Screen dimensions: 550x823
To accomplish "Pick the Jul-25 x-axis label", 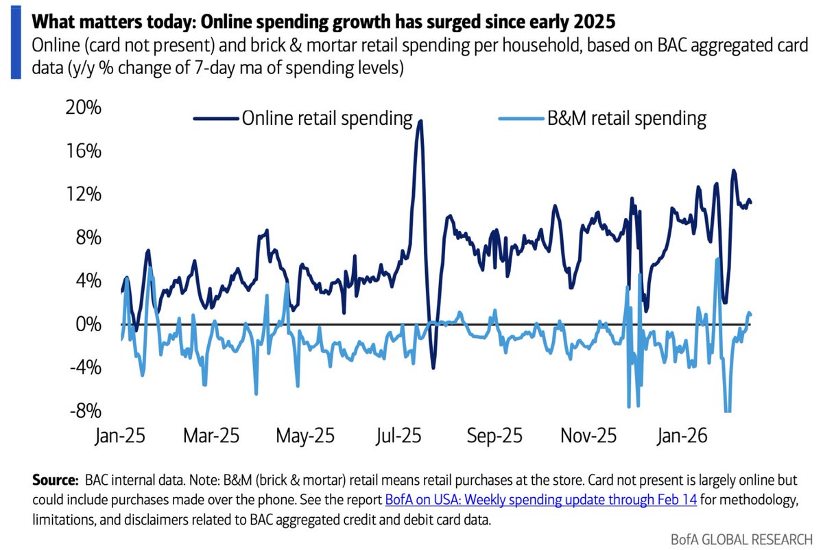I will pyautogui.click(x=403, y=436).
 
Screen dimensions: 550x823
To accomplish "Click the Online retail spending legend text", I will pyautogui.click(x=326, y=119).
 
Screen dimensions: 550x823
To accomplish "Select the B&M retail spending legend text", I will pyautogui.click(x=625, y=119).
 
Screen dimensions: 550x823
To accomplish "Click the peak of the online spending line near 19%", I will pyautogui.click(x=420, y=121).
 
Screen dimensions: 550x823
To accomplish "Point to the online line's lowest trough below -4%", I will pyautogui.click(x=433, y=368).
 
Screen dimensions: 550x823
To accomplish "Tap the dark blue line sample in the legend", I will pyautogui.click(x=216, y=119).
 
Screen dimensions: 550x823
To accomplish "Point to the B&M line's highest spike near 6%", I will pyautogui.click(x=717, y=259).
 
